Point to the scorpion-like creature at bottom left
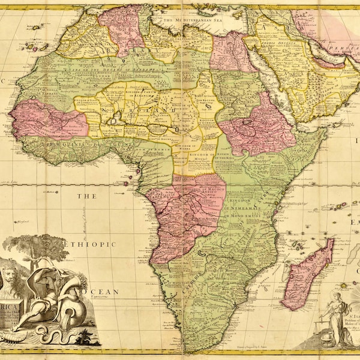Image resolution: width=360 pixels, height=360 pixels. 11,338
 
